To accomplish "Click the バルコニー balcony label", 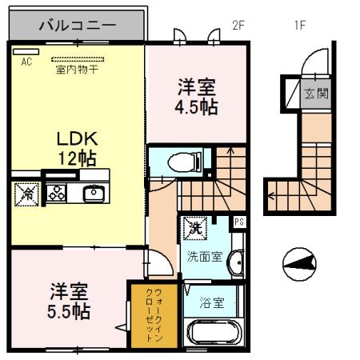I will pos(78,26).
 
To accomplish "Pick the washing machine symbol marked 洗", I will pos(194,228).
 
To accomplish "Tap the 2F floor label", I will pos(238,25).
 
